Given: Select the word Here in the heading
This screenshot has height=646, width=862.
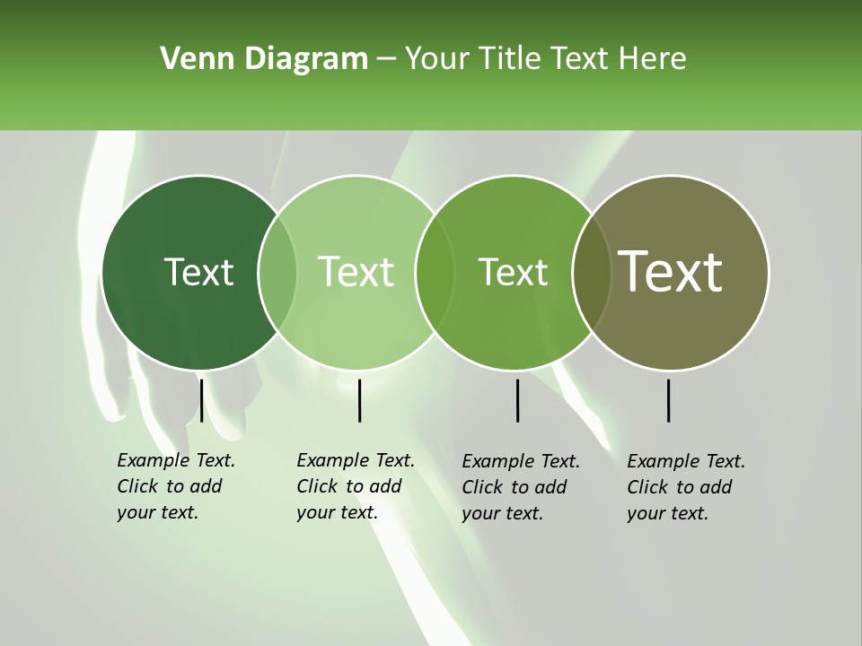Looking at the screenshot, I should coord(652,59).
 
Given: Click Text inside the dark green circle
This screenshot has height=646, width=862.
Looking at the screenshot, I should coord(198,272).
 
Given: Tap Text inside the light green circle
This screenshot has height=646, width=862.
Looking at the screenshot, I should coord(356,272).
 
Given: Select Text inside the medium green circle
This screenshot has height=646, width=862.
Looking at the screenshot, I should coord(513,272).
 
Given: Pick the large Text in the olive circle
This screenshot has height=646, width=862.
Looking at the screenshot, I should coord(671,271).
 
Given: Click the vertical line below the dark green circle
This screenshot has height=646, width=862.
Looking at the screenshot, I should coord(202,400).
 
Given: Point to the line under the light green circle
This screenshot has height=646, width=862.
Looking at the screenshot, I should coord(359,400).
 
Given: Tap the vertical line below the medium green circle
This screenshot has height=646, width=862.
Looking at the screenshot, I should coord(517,400).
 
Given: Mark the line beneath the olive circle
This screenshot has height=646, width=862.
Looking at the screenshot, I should coord(668,400).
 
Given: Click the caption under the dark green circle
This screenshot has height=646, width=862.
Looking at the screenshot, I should coord(176,486).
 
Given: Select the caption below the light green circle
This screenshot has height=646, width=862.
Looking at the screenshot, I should coord(356,486).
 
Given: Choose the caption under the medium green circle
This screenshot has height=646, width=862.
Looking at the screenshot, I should coord(521,487).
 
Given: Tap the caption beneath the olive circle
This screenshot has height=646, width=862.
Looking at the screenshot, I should coord(686,487).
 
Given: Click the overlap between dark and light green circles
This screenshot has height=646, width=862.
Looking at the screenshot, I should coord(277,272).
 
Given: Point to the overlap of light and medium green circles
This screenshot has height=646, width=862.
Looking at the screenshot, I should coord(435,272).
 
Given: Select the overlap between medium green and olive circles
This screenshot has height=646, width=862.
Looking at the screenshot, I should coord(591,272).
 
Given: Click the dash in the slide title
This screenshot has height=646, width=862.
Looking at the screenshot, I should coord(386,60).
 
